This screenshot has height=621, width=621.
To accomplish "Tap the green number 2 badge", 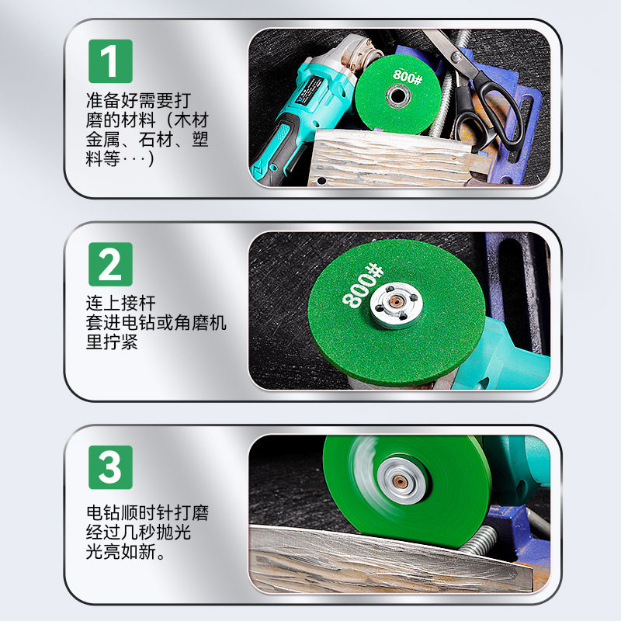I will (x=110, y=263).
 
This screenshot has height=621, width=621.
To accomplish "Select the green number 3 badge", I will (x=110, y=467).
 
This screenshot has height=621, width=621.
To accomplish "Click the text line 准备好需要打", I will (x=139, y=101).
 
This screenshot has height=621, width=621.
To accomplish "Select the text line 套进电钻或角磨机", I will (x=156, y=323).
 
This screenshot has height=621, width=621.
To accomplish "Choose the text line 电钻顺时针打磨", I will (x=147, y=514).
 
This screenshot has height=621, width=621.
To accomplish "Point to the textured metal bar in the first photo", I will (x=388, y=159).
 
